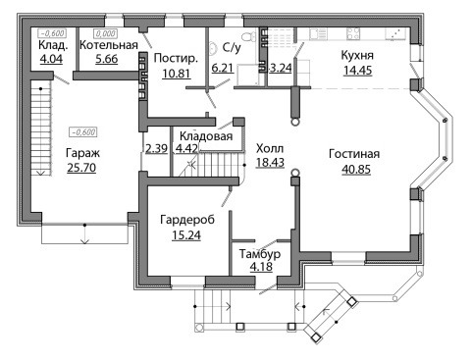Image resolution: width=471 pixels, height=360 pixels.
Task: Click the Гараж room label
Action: click(82, 153)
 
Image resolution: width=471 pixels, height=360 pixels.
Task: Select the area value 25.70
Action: click(81, 168)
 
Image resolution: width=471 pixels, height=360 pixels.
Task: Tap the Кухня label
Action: click(357, 55)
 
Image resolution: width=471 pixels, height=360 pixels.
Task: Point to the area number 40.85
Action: click(356, 170)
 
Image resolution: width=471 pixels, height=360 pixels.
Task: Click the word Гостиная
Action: click(354, 154)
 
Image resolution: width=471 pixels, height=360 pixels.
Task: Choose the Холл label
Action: click(270, 148)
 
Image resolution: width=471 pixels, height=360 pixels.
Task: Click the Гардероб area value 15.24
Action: click(186, 235)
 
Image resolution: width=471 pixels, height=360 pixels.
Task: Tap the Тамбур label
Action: click(260, 253)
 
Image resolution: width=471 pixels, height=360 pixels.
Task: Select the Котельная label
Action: click(109, 45)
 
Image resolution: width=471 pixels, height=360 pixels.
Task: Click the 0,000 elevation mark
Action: click(105, 33)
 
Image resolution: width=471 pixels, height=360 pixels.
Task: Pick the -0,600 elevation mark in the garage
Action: click(83, 132)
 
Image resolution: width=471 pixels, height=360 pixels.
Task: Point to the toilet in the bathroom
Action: click(250, 35)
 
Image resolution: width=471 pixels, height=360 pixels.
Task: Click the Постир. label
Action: click(176, 58)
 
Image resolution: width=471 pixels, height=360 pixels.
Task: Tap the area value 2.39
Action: click(156, 148)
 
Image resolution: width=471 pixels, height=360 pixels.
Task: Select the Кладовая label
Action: click(206, 136)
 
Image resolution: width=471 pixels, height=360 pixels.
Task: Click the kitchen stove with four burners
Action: click(353, 33)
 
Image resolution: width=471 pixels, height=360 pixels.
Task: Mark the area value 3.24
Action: click(280, 68)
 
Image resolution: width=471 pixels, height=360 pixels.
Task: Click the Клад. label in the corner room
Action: click(53, 45)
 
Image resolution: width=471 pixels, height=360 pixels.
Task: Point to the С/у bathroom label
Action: click(232, 48)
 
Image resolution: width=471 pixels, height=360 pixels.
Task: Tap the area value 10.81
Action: click(176, 74)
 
